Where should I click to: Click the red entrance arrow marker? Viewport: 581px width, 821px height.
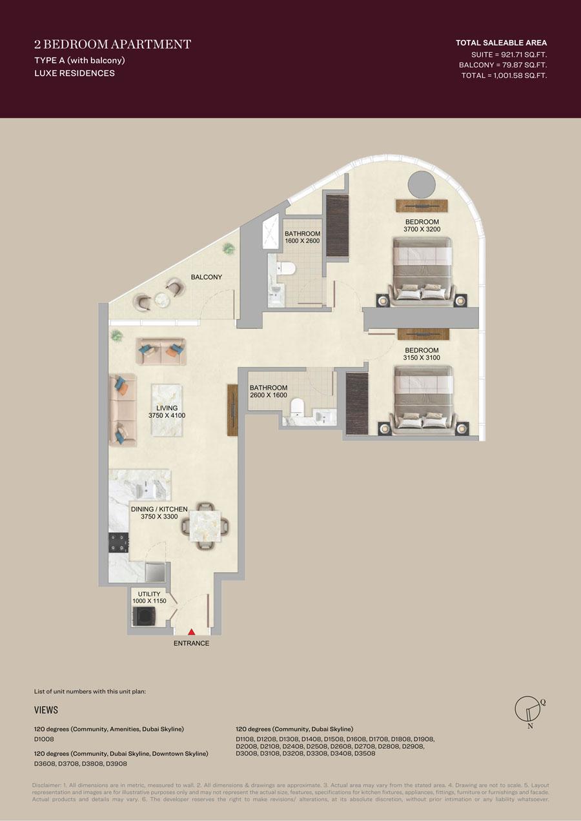(192, 632)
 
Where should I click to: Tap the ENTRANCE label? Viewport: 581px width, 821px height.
(192, 643)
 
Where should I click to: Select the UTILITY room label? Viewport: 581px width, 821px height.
(149, 594)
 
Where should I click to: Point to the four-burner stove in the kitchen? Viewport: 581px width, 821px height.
(119, 542)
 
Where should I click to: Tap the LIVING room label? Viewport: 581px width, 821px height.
(167, 408)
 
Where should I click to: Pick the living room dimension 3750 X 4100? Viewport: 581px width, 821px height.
(167, 415)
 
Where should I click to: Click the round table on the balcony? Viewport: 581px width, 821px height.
(161, 299)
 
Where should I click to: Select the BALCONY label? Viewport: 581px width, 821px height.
(207, 277)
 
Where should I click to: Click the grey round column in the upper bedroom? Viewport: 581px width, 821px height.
(422, 184)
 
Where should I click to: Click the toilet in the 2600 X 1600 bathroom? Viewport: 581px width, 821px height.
(297, 407)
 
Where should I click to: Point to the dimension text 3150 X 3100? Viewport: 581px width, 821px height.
(422, 358)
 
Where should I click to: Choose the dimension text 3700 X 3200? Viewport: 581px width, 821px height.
(422, 230)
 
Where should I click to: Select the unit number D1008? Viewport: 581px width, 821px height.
(44, 739)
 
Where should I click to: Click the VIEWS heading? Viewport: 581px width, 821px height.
(46, 710)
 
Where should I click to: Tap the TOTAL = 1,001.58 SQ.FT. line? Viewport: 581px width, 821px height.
(504, 75)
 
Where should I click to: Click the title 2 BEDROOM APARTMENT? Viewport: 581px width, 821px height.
(112, 45)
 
